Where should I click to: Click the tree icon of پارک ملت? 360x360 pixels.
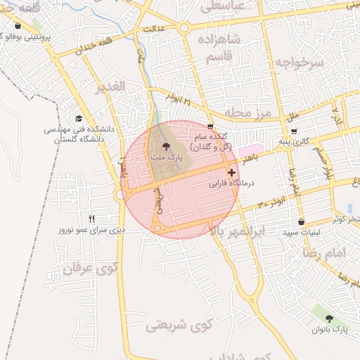point(166,147)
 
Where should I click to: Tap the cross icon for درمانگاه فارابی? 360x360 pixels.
point(231,172)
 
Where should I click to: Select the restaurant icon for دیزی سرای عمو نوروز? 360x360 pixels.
point(91,219)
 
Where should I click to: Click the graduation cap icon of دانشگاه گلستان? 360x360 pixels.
point(79,119)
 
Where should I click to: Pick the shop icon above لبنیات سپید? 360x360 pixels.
point(301,221)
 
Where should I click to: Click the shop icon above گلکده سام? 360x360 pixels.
point(210,126)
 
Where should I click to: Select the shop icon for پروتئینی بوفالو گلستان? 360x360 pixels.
point(18,25)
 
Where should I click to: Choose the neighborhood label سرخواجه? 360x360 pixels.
point(299,63)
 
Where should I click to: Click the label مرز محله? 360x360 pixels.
point(247,112)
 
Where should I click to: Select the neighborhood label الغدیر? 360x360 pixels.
point(110,87)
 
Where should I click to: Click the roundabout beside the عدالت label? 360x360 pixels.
point(184,28)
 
